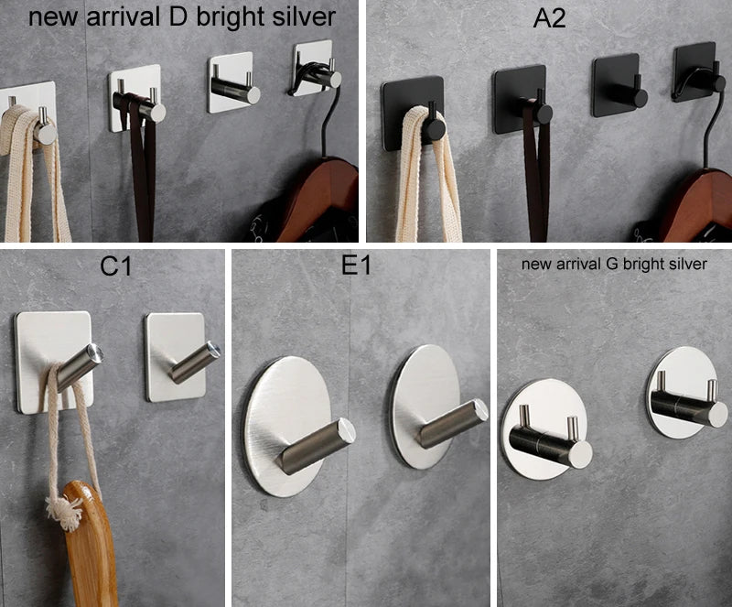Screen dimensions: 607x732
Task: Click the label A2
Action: (549, 18)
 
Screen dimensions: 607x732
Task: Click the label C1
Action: (116, 267)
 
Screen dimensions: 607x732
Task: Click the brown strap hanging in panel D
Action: (143, 174)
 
